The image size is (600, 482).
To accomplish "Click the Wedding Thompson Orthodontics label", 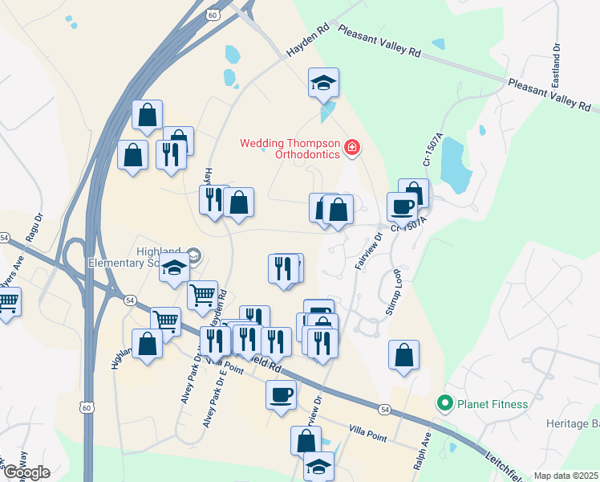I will click(x=290, y=149).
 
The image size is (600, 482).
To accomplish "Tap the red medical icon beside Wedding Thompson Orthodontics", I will click(x=351, y=148).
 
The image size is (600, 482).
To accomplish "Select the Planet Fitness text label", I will click(x=493, y=404).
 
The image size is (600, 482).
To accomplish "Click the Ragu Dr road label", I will click(x=34, y=228).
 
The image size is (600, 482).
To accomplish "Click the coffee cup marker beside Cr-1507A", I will click(x=402, y=206).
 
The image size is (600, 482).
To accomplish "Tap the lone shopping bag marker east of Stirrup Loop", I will click(x=403, y=354).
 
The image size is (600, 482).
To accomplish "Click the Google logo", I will click(x=26, y=472).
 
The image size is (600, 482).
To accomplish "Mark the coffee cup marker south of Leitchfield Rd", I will click(x=281, y=394).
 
